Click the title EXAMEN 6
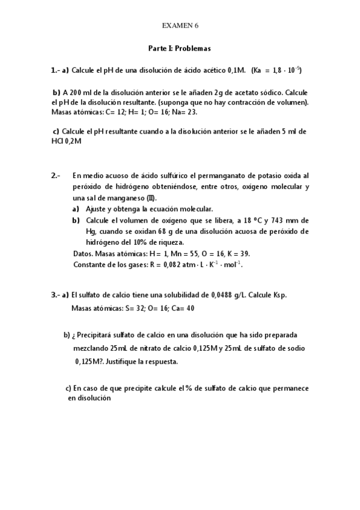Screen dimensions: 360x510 180,25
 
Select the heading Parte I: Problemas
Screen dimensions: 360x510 180,48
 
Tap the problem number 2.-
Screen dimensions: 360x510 56,176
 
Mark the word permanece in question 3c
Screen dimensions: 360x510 290,389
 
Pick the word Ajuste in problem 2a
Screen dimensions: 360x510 97,209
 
